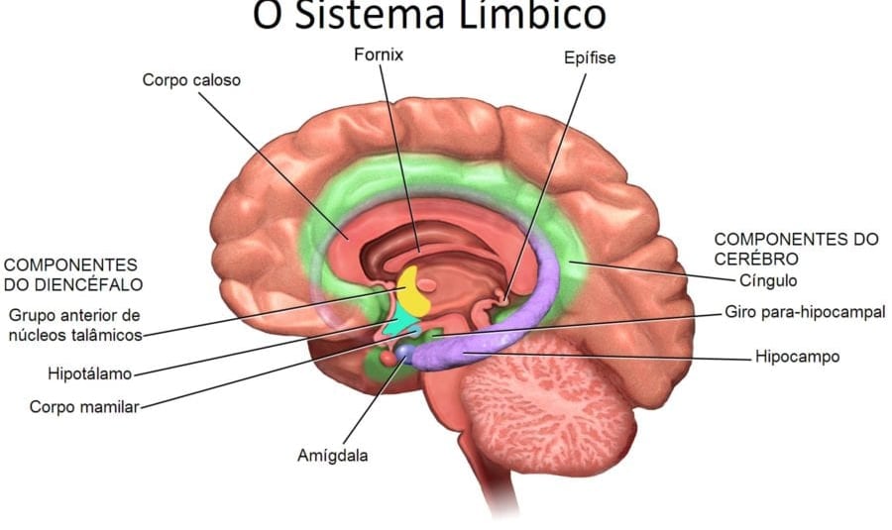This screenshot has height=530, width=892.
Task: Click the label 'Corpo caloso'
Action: (191, 80)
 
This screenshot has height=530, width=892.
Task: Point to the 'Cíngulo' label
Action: (769, 280)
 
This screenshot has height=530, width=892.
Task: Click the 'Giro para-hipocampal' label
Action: (805, 312)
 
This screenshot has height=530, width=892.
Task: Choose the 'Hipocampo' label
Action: (797, 356)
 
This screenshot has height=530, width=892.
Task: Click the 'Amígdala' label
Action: (333, 456)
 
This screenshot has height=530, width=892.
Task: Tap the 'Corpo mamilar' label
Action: (84, 406)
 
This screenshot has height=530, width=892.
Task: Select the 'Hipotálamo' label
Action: (90, 374)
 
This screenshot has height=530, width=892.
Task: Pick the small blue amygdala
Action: (405, 350)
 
